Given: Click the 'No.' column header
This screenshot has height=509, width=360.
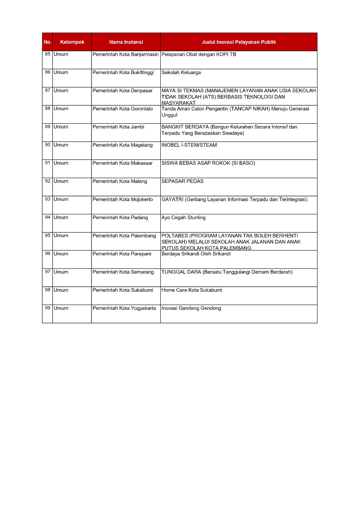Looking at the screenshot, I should coord(47,42).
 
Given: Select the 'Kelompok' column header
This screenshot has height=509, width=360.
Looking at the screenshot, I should coord(72,42).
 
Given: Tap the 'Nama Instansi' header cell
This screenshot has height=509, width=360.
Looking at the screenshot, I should coord(126,42).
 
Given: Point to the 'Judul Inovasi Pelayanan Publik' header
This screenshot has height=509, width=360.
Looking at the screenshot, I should coord(239,42).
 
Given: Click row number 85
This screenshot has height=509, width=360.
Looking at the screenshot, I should coord(48,54).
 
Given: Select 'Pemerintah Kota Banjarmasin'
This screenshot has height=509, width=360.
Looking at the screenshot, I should coord(125,54).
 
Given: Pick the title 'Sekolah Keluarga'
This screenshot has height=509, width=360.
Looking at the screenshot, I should coord(181,73).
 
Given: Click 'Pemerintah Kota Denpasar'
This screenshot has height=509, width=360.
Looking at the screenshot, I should coord(123,91).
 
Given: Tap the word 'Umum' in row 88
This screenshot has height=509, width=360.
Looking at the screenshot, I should coord(61,109).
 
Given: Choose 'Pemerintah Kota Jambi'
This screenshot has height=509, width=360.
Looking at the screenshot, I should coord(118,127).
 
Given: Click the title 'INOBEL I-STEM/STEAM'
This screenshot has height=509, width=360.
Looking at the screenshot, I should coord(189,145).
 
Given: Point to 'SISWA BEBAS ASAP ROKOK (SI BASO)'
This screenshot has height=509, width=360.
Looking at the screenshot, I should coord(208,163).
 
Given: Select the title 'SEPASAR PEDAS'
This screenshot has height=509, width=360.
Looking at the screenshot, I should coord(182,181).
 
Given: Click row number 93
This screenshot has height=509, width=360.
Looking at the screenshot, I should coord(48,200).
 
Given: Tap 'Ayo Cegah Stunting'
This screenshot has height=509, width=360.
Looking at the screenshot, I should coord(183,218).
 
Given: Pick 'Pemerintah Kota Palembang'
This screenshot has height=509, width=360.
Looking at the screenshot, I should coord(124,236).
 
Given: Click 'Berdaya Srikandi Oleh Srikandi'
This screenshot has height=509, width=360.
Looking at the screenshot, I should coord(196,254).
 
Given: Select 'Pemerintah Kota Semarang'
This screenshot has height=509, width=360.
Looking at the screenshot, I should coord(123,272).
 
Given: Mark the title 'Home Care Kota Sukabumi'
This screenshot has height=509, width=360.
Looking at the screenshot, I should coord(192,290).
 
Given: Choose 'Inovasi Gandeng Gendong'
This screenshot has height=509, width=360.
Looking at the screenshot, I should coord(191,309).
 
